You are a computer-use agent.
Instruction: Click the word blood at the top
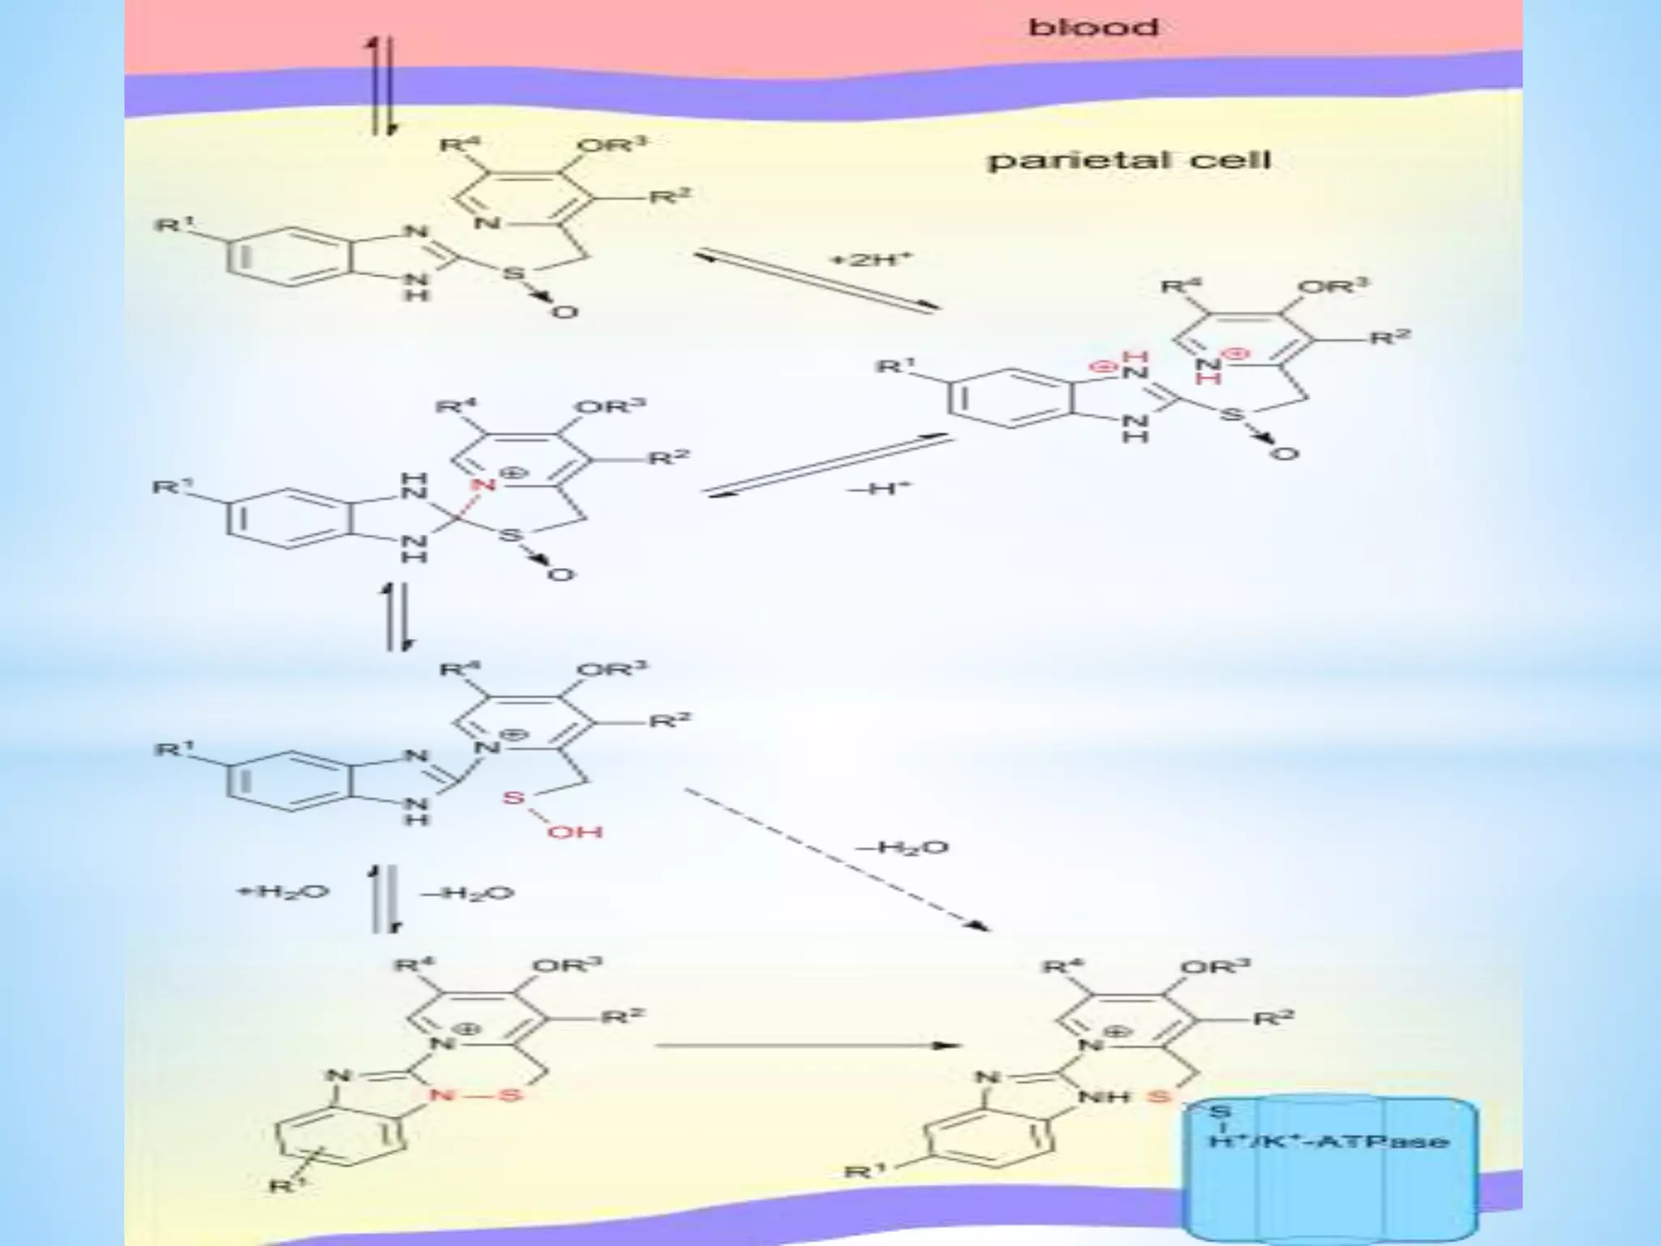click(x=1092, y=28)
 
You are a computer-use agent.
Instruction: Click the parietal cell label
click(x=1128, y=159)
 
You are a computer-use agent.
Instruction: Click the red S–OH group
click(x=552, y=816)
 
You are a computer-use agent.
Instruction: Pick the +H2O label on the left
click(x=281, y=892)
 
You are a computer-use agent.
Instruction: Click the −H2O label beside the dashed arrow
click(x=902, y=848)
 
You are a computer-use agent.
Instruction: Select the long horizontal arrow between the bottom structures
click(x=803, y=1046)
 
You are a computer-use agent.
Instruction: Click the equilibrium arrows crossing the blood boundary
click(x=382, y=85)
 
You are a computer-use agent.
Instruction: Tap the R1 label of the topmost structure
click(x=173, y=223)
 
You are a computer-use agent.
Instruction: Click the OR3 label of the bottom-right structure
click(x=1214, y=967)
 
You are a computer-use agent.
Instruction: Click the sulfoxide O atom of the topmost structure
click(x=565, y=311)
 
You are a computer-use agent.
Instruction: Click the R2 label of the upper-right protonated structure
click(x=1390, y=337)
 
